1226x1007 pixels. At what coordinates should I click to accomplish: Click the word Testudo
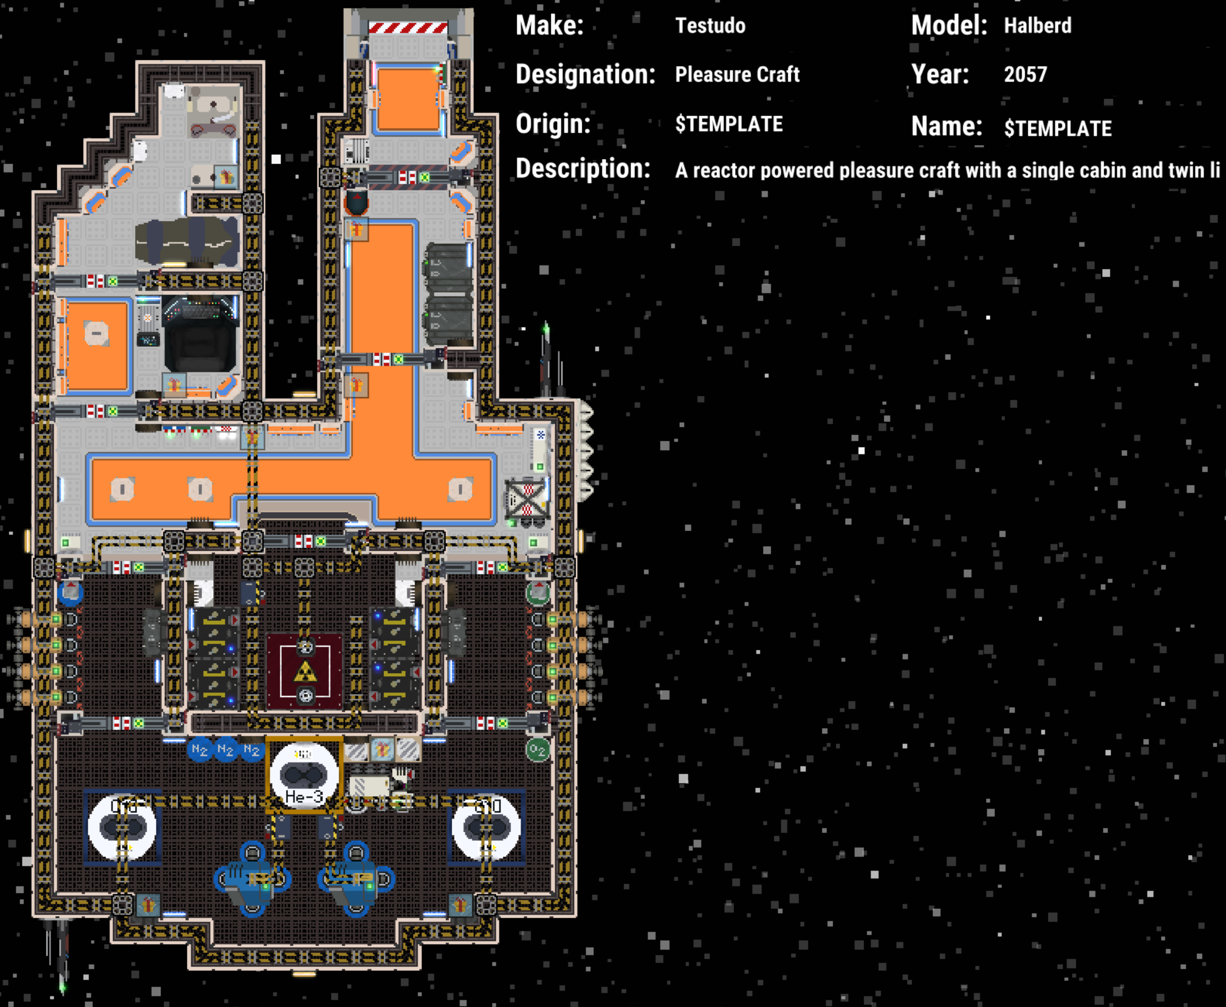point(710,25)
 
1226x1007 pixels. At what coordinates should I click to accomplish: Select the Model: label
point(949,25)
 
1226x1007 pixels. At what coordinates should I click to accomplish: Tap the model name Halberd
point(1038,25)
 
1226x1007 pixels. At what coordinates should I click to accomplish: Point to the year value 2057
point(1025,74)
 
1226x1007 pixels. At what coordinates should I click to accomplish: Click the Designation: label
point(585,74)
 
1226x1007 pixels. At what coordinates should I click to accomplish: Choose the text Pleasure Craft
point(737,74)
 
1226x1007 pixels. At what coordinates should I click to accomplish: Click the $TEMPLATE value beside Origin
point(729,123)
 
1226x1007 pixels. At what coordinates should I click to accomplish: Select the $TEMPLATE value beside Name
point(1058,128)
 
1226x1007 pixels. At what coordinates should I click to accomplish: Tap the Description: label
point(582,169)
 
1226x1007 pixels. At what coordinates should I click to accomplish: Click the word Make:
point(549,25)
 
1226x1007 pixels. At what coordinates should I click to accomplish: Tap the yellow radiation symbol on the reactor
point(305,673)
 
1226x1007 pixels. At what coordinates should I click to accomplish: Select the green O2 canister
point(537,750)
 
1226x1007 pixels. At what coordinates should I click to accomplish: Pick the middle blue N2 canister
point(225,749)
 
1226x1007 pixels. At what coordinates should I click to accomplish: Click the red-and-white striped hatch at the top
point(408,27)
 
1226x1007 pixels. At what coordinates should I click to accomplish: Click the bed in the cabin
point(187,242)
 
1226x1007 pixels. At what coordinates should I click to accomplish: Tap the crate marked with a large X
point(526,499)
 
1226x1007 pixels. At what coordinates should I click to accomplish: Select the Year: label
point(940,74)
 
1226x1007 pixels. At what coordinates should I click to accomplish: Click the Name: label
point(946,126)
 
